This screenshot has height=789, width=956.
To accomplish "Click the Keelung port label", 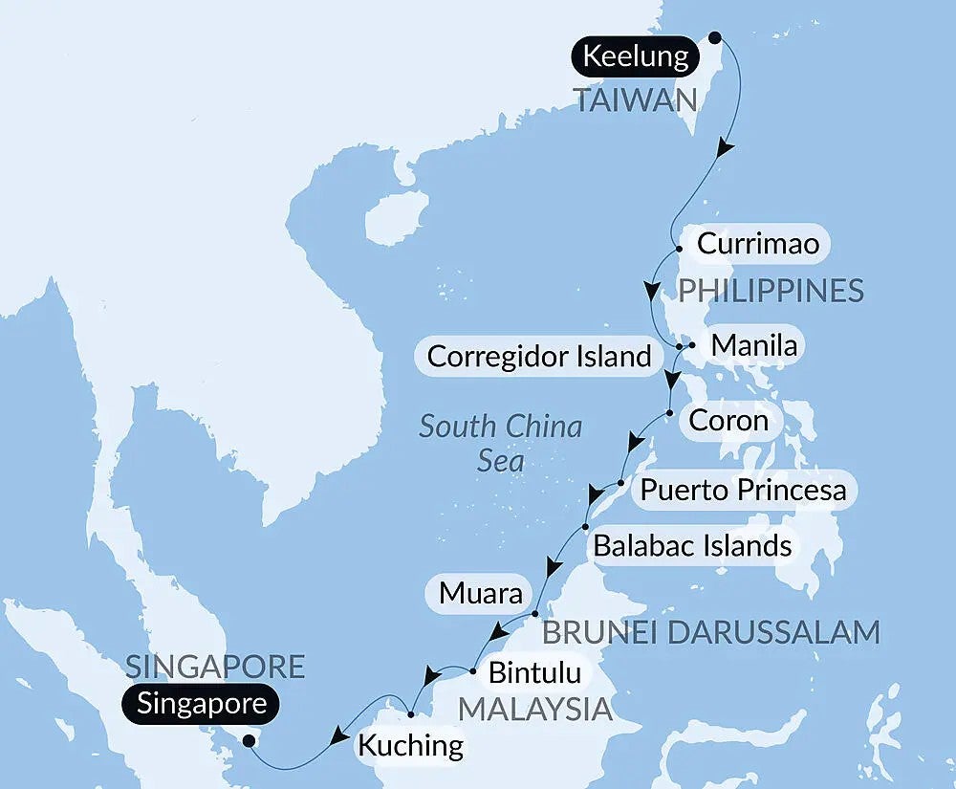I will (635, 56).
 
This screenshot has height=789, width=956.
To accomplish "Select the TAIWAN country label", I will (635, 99).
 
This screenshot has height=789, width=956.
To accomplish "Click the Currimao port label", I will (757, 244).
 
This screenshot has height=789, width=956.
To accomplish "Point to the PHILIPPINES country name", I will (771, 290).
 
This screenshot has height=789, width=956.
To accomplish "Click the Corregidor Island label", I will (538, 357).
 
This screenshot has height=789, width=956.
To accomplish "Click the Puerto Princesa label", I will (743, 491).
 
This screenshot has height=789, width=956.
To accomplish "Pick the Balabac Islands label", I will (692, 546).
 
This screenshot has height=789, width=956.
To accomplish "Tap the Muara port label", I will (481, 594).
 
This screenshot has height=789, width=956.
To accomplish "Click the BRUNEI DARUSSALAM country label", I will (710, 632).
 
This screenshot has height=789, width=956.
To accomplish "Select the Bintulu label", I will (534, 672).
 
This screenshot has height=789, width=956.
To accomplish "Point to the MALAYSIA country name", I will (535, 709).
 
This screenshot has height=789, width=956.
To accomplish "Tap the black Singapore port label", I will (200, 705).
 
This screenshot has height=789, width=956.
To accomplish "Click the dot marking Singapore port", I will (250, 740).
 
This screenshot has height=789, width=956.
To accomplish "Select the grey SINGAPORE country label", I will (215, 666).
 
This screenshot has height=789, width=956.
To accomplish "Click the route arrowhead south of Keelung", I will (726, 148).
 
